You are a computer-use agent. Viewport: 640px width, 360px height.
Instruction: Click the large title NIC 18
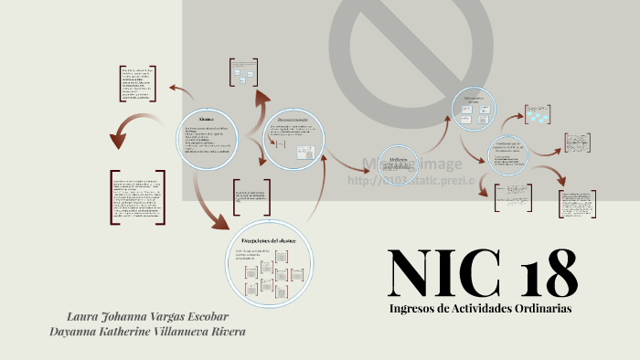[x=482, y=270]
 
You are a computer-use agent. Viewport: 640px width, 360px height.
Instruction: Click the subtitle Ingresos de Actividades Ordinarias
[x=480, y=309]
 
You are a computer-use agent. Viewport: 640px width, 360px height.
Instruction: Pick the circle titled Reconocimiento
[x=294, y=139]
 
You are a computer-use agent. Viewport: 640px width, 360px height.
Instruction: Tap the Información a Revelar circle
[x=479, y=117]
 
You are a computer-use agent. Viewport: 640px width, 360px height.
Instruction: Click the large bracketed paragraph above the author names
[x=138, y=197]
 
